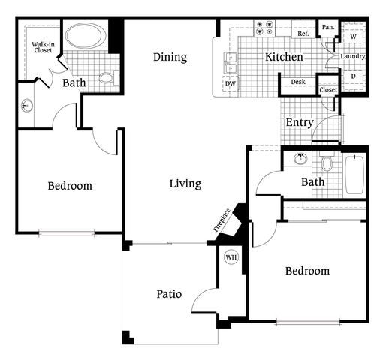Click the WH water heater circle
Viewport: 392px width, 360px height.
coord(231,257)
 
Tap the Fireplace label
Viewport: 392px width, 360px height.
coord(222,220)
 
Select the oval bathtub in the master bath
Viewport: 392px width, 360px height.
coord(86,35)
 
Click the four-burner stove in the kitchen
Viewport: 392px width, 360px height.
coord(264,28)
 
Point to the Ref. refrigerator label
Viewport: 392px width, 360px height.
coord(303,34)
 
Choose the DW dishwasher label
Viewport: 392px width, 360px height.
coord(231,83)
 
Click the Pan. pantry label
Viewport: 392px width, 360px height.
coord(328,27)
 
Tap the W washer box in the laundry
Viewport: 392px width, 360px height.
coord(354,37)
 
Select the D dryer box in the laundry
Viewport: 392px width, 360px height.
coord(354,76)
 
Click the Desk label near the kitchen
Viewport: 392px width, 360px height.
coord(298,82)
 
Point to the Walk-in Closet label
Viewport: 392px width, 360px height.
coord(44,47)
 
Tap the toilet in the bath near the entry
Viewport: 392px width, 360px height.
coord(326,161)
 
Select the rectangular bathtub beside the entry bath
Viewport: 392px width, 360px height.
coord(354,175)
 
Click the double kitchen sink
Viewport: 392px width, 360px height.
coord(231,63)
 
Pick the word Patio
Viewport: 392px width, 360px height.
coord(169,294)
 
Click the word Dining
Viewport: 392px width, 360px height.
coord(170,57)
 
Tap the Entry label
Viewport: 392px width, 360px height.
coord(300,122)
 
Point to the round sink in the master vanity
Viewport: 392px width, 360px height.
coord(27,105)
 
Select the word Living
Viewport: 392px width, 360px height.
coord(185,184)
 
